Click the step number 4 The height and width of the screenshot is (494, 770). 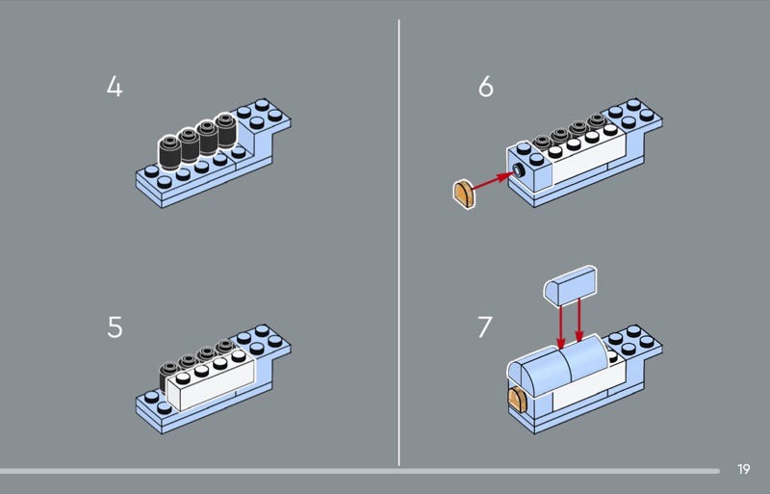[x=115, y=88]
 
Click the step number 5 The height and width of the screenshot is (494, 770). [x=115, y=327]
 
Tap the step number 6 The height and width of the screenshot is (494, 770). [x=486, y=88]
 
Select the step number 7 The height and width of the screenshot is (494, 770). [x=486, y=327]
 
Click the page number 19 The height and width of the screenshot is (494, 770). [x=743, y=469]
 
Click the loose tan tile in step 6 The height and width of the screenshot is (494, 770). [x=463, y=193]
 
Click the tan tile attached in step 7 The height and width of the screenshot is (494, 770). [x=519, y=400]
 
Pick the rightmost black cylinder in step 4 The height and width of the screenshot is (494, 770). [x=226, y=132]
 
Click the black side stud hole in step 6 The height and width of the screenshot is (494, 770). [x=520, y=170]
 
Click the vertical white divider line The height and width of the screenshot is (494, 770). [x=399, y=241]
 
